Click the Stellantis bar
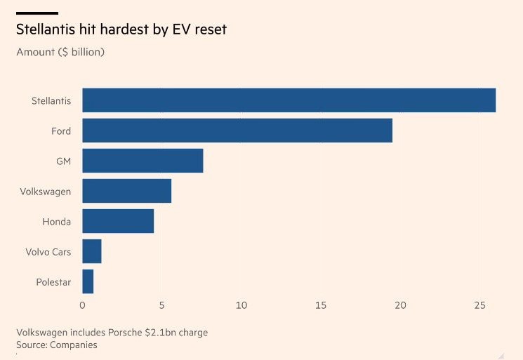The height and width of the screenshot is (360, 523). pyautogui.click(x=289, y=100)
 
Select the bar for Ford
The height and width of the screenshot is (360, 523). pyautogui.click(x=237, y=131)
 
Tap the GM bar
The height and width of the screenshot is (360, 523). pyautogui.click(x=143, y=161)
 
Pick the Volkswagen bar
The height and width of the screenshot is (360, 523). pyautogui.click(x=126, y=191)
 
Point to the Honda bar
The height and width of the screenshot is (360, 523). pyautogui.click(x=118, y=221)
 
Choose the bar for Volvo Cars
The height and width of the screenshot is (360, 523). pyautogui.click(x=92, y=251)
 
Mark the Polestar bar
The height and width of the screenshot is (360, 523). pyautogui.click(x=88, y=281)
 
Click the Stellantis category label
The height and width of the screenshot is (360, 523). pyautogui.click(x=51, y=101)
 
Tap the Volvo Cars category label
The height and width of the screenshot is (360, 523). pyautogui.click(x=48, y=252)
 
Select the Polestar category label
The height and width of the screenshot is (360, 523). pyautogui.click(x=53, y=282)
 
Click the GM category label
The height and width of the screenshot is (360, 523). pyautogui.click(x=63, y=161)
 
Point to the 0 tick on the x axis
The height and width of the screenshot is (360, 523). pyautogui.click(x=82, y=305)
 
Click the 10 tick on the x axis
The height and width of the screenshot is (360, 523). pyautogui.click(x=241, y=305)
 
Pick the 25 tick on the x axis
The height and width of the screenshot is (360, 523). pyautogui.click(x=480, y=305)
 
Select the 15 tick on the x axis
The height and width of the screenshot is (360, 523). pyautogui.click(x=321, y=305)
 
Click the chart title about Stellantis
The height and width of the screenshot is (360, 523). pyautogui.click(x=121, y=29)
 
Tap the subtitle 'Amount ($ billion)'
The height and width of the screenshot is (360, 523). pyautogui.click(x=60, y=52)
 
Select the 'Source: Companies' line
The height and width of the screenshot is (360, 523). pyautogui.click(x=56, y=345)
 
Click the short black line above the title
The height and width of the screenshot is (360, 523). pyautogui.click(x=37, y=13)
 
